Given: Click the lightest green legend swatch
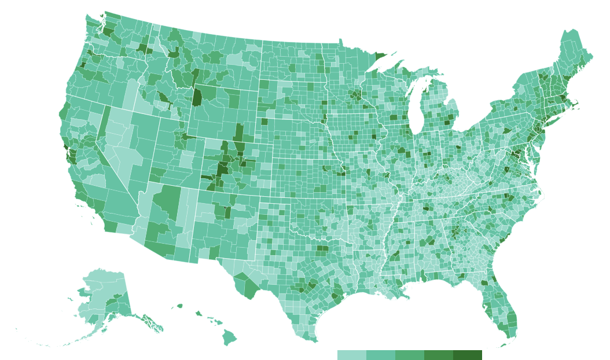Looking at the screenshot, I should [352, 355].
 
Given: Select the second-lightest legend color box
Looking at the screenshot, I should [381, 355].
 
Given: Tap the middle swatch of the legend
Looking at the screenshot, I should [410, 355].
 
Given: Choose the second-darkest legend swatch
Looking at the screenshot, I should [439, 355].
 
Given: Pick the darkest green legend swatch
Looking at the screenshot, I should [468, 355].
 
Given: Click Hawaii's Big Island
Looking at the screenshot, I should [230, 337].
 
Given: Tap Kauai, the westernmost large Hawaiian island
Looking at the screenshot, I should [179, 306].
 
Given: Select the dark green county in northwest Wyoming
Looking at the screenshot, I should [197, 97].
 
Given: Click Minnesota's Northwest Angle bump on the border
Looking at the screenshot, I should [340, 41].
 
